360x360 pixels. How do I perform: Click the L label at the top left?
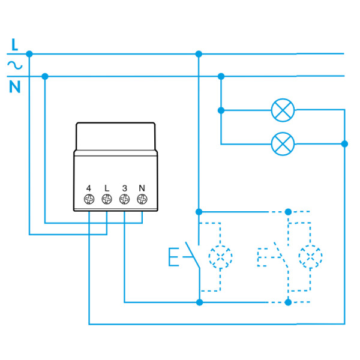point(15,43)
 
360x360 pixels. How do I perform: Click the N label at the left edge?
point(15,88)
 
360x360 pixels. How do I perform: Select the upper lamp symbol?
point(283,110)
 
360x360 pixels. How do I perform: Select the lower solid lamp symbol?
point(283,143)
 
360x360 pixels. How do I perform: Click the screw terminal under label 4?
point(89,199)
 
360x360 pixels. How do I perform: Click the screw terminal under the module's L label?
point(107,199)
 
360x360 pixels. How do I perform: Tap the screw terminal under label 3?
point(124,199)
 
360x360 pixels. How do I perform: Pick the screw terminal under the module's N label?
point(142,199)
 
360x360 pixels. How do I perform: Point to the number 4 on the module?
point(89,188)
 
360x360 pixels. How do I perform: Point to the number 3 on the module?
point(124,188)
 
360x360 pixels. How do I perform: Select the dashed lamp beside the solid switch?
point(220,256)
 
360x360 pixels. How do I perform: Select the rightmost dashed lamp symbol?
point(310,256)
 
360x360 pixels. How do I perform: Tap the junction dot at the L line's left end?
point(29,54)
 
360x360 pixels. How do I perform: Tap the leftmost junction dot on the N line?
point(45,76)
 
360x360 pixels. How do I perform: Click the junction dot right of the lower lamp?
point(344,143)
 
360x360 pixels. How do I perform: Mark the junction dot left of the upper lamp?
point(221,110)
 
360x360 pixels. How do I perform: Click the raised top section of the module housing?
point(116,136)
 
